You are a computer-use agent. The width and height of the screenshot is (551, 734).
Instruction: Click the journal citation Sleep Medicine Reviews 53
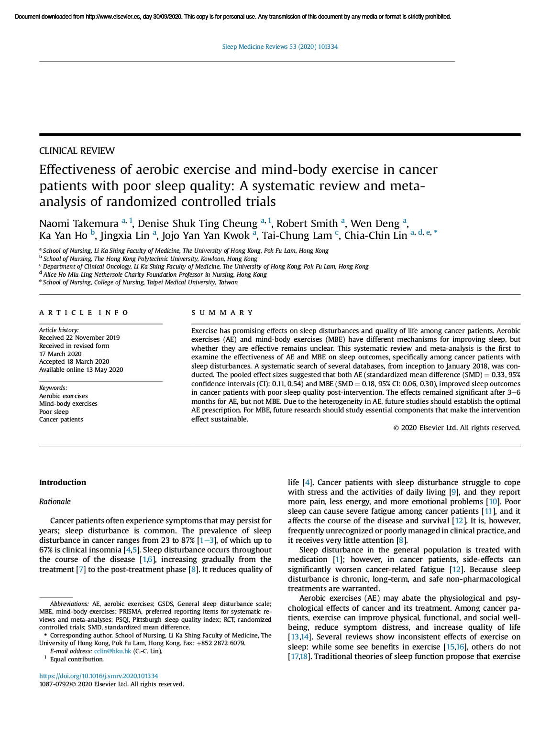point(280,47)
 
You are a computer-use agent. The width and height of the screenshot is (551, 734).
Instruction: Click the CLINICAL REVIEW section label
point(77,151)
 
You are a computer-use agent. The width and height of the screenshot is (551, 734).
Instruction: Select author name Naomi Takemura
point(79,224)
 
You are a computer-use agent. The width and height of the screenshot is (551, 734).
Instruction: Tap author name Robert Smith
point(307,224)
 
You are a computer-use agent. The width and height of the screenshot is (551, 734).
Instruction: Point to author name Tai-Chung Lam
point(297,236)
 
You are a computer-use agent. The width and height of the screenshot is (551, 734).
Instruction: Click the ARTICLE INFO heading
point(84,313)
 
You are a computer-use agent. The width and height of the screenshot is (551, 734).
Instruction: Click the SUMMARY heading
point(222,313)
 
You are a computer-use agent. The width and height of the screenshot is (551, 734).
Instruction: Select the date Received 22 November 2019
point(79,338)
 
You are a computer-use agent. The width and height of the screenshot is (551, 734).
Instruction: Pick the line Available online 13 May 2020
point(81,370)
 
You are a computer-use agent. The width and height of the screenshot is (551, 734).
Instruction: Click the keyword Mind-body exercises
point(68,404)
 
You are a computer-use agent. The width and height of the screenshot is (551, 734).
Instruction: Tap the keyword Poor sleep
point(54,412)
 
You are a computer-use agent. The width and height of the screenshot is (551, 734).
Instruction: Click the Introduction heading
point(63,483)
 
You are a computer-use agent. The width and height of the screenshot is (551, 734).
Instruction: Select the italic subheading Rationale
point(55,502)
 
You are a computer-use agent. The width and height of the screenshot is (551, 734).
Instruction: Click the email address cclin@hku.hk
point(112,651)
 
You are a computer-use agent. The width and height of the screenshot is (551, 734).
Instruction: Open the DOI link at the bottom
point(99,676)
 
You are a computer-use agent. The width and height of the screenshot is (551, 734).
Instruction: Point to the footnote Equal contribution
point(77,659)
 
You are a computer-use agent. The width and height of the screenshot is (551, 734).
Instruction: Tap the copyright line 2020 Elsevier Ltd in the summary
point(457,428)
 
